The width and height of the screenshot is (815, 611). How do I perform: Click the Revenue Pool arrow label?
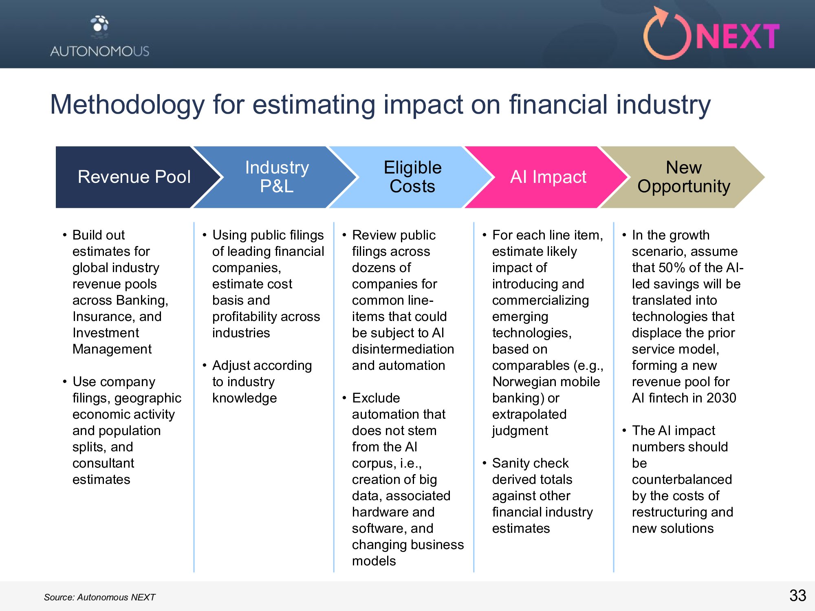pyautogui.click(x=134, y=177)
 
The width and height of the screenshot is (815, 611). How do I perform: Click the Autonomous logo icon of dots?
pyautogui.click(x=100, y=24)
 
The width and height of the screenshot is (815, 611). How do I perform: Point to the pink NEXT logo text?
pyautogui.click(x=738, y=37)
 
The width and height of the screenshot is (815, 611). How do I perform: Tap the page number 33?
pyautogui.click(x=797, y=596)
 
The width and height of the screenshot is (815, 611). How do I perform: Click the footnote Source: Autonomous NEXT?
pyautogui.click(x=100, y=597)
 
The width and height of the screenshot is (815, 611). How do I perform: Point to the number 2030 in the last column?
pyautogui.click(x=721, y=398)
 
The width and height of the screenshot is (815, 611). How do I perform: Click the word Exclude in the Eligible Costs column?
pyautogui.click(x=376, y=398)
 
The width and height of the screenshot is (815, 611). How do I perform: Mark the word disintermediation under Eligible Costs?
pyautogui.click(x=403, y=349)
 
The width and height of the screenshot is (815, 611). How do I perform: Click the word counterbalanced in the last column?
pyautogui.click(x=682, y=479)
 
